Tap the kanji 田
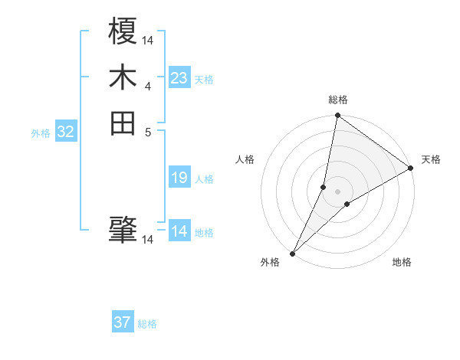tap(123, 123)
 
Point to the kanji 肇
tap(123, 228)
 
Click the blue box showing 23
tap(179, 78)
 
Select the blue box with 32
tap(66, 132)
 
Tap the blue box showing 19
tap(179, 178)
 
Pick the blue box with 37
tap(123, 322)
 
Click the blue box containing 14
tap(179, 231)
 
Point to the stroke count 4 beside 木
tap(148, 86)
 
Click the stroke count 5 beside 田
tap(148, 132)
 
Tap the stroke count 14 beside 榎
tap(148, 39)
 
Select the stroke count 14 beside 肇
tap(148, 240)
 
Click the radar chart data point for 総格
tap(337, 116)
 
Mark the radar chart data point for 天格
tap(411, 169)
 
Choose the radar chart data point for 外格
tap(293, 253)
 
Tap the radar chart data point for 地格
tap(347, 204)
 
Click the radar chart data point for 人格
tap(324, 187)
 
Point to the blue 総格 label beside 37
tap(147, 324)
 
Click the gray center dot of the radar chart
tap(337, 191)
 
